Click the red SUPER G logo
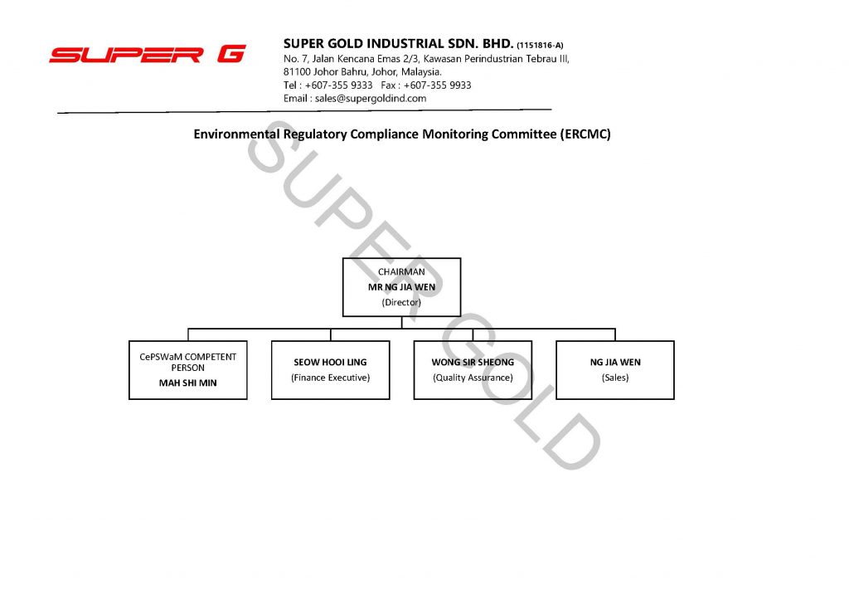click(148, 54)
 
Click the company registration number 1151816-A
click(540, 46)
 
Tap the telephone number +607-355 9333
click(338, 85)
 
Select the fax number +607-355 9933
click(438, 85)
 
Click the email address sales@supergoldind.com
click(371, 99)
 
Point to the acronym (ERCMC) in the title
click(585, 134)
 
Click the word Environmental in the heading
click(236, 134)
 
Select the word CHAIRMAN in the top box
click(401, 271)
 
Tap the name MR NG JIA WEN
click(401, 286)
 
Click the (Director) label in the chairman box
click(401, 302)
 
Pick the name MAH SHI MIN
click(188, 383)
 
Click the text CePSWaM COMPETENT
click(188, 357)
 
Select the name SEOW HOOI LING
click(330, 362)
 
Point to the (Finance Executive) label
click(330, 378)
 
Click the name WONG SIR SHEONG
click(473, 362)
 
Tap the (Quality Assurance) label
click(473, 378)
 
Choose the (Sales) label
click(615, 378)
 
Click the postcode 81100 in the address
click(297, 71)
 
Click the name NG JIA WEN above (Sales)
click(615, 362)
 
